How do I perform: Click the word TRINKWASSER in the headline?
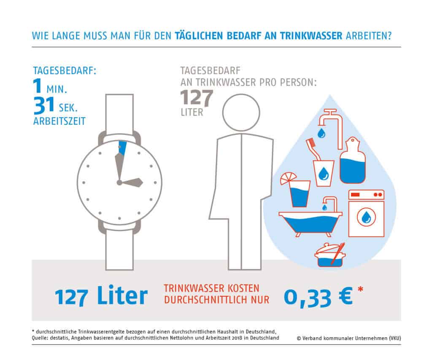(x=311, y=36)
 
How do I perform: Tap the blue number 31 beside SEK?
(x=44, y=105)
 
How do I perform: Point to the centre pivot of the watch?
(x=119, y=183)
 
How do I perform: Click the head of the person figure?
(x=241, y=113)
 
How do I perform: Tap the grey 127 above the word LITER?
(x=197, y=98)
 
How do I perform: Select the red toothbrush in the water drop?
(x=313, y=149)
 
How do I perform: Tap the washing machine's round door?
(x=366, y=217)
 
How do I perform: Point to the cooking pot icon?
(x=330, y=255)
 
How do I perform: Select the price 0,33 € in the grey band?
(x=318, y=297)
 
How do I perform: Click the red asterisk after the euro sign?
(x=360, y=290)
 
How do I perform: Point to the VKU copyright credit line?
(x=349, y=338)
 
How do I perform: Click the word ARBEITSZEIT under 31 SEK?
(x=59, y=121)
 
